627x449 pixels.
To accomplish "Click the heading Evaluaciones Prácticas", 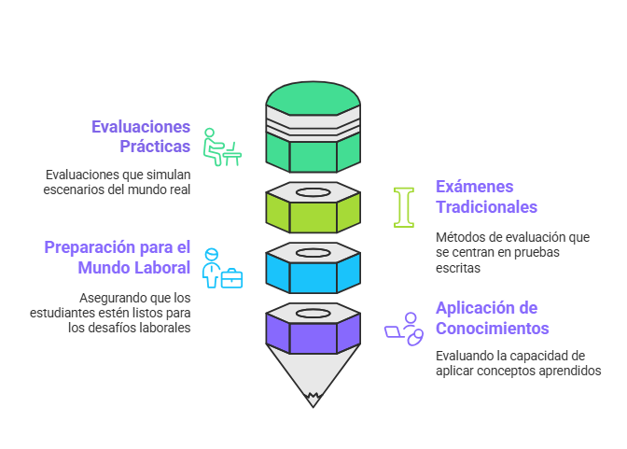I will tap(141, 136).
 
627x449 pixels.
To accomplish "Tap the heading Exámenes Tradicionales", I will tap(486, 196).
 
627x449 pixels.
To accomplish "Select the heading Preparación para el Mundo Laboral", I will tap(118, 257).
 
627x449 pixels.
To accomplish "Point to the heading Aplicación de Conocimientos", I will tap(492, 317).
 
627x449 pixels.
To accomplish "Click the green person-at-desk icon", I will tap(222, 147).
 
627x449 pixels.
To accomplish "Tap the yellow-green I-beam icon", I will tap(404, 207).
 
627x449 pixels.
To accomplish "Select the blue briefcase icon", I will tap(231, 277).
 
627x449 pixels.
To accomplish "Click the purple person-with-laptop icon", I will tap(405, 329).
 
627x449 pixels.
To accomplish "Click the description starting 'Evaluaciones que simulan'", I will tap(117, 182).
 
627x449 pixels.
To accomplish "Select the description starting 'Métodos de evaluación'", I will tap(512, 252).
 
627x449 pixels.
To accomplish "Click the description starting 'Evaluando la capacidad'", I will tap(518, 363).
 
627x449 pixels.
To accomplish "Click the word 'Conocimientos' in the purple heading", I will tap(492, 329).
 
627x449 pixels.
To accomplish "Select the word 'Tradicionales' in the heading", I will tap(486, 206).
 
